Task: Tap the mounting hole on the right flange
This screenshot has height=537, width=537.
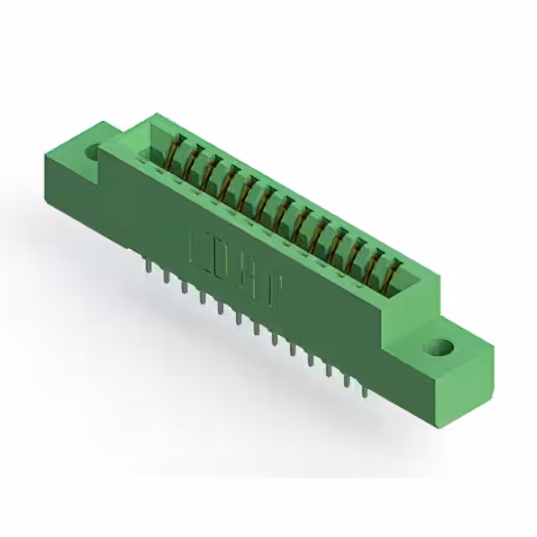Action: pos(437,346)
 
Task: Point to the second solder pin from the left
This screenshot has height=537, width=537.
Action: pos(165,276)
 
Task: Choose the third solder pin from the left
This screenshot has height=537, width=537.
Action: pos(183,286)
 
